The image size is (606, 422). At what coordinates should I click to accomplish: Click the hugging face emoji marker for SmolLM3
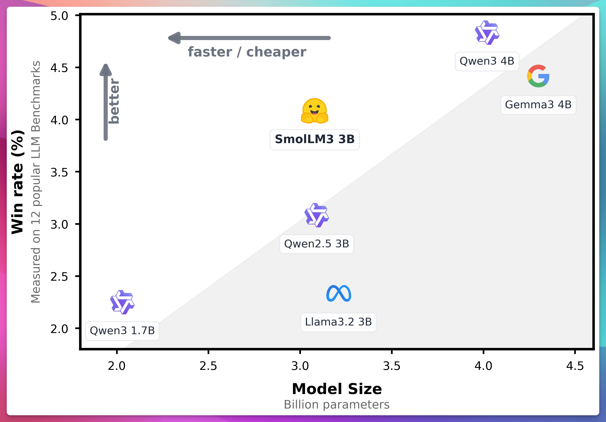tap(315, 111)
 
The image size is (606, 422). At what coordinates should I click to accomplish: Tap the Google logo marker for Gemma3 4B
tap(538, 76)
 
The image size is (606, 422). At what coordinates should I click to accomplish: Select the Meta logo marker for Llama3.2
tap(339, 293)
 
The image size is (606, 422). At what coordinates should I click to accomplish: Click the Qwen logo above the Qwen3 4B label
tap(487, 33)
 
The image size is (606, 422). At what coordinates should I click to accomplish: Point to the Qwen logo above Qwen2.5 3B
tap(316, 215)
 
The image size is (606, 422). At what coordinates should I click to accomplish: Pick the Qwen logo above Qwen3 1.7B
tap(122, 302)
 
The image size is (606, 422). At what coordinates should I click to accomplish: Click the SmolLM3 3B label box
tap(315, 139)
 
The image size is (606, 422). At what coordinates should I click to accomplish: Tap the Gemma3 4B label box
tap(538, 105)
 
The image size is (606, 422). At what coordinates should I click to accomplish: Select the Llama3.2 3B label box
tap(338, 322)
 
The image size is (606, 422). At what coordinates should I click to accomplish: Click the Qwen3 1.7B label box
tap(122, 331)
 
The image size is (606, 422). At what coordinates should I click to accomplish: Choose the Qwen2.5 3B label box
tap(316, 244)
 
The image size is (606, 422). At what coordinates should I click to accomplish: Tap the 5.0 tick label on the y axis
tap(59, 16)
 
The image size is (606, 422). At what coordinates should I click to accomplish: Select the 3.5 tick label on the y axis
tap(59, 173)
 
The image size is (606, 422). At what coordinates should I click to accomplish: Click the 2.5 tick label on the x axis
tap(208, 366)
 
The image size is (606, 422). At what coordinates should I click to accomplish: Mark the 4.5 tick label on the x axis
tap(575, 366)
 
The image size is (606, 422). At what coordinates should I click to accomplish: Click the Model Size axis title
tap(337, 389)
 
